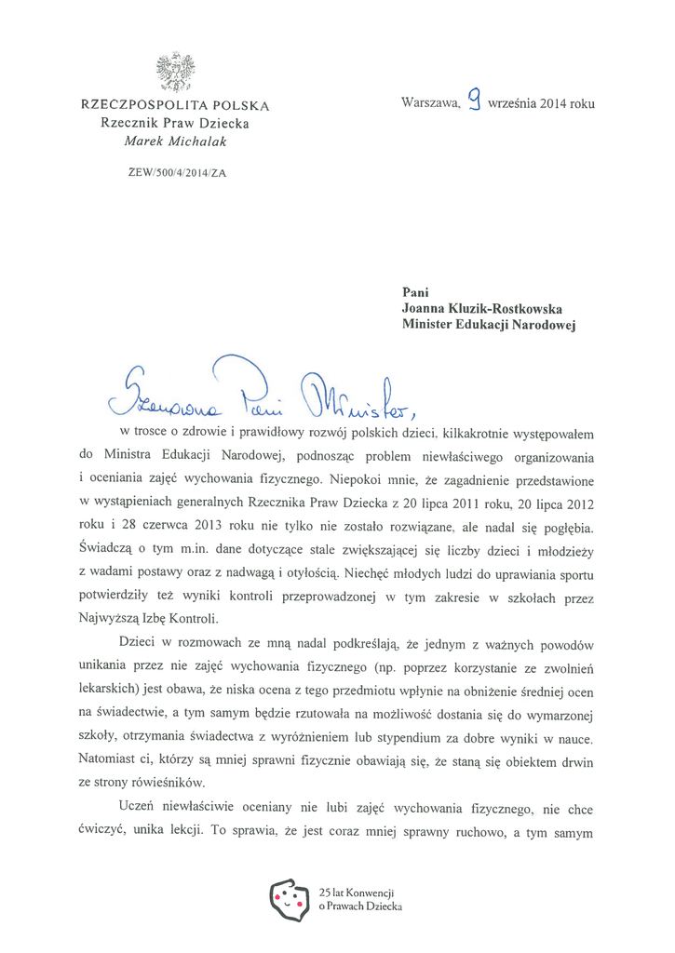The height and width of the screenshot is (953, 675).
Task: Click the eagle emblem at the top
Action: [x=175, y=72]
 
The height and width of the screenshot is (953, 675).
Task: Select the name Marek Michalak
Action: [x=175, y=141]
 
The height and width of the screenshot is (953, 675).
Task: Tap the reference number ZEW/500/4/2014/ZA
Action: [x=175, y=171]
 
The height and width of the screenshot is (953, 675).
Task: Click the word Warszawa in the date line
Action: [x=430, y=103]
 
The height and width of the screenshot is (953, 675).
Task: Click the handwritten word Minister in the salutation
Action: [x=354, y=397]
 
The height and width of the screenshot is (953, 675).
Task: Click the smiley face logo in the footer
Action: [x=289, y=897]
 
